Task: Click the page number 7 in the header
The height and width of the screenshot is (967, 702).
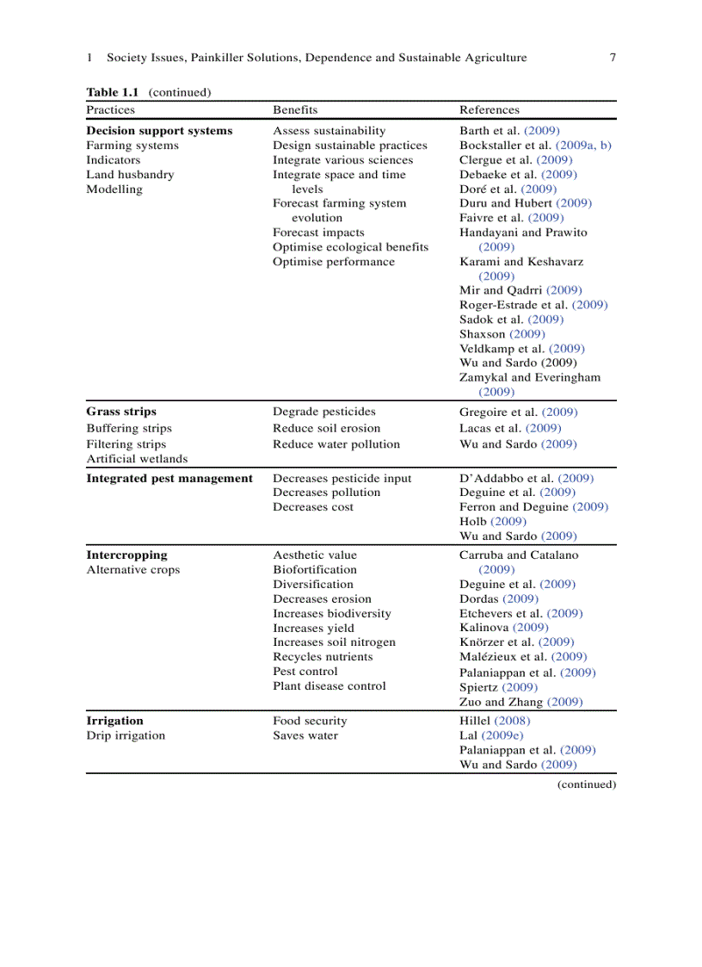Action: [x=612, y=58]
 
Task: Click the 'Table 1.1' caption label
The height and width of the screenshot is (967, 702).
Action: [x=113, y=92]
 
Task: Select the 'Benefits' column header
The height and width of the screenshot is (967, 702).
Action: [x=295, y=109]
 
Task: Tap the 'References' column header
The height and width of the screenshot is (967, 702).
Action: [x=490, y=109]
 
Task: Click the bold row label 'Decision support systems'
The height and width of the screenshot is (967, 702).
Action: [x=159, y=131]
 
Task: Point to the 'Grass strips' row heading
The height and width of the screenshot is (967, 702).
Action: [x=121, y=412]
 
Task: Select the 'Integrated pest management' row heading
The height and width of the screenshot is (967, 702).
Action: [x=169, y=478]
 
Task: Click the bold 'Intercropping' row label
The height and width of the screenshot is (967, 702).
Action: [x=126, y=555]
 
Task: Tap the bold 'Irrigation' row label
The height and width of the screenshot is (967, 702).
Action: [x=114, y=721]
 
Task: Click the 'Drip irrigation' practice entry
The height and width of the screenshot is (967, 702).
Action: [x=126, y=735]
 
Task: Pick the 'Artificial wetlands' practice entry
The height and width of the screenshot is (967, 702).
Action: [x=137, y=459]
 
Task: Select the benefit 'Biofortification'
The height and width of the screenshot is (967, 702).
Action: [x=315, y=569]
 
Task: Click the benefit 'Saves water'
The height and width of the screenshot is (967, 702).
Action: [x=305, y=735]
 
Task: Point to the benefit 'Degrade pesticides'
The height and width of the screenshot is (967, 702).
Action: [x=324, y=412]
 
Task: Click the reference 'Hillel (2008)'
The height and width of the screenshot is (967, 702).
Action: [x=495, y=721]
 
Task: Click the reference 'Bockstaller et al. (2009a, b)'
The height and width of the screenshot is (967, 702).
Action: [x=535, y=146]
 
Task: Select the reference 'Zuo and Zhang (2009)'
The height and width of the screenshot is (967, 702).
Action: [x=520, y=702]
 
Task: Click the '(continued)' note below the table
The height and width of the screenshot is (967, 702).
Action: [x=587, y=784]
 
